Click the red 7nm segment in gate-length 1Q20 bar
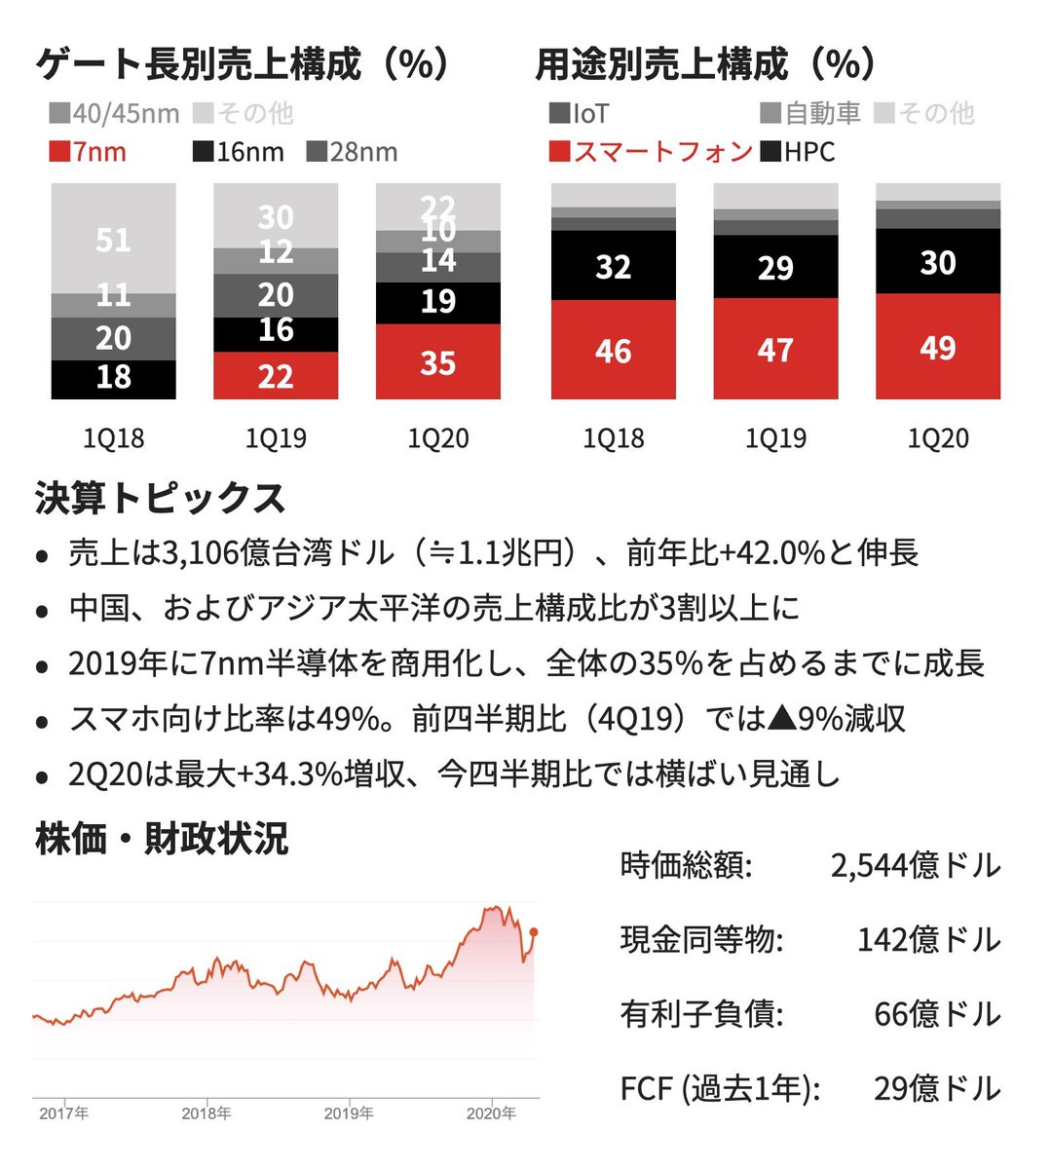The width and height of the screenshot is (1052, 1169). tap(437, 362)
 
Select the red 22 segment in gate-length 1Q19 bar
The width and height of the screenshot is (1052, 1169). tap(276, 376)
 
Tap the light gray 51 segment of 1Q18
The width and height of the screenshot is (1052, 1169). tap(113, 239)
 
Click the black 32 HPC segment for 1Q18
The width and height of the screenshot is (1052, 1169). tap(613, 266)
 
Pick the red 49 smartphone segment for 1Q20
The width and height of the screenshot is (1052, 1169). tap(937, 347)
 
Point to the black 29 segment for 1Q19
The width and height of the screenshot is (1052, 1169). tap(775, 267)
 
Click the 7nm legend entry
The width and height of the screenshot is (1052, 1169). tap(88, 152)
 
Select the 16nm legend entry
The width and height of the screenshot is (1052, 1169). tap(239, 152)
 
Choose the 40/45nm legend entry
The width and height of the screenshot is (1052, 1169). tap(114, 114)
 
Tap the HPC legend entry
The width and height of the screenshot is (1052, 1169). tap(798, 152)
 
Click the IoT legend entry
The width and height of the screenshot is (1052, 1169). tap(580, 114)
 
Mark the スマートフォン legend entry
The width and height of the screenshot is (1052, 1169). tap(651, 152)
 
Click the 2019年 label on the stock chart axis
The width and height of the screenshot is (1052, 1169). tap(349, 1113)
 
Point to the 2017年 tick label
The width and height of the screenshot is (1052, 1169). tap(64, 1113)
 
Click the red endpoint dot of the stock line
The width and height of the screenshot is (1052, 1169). tap(534, 932)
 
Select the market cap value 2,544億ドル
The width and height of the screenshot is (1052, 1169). tap(915, 865)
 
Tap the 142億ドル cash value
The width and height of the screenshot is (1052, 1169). tap(928, 940)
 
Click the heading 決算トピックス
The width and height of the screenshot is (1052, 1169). tap(161, 498)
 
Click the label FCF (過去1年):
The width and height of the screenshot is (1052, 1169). tap(720, 1088)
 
